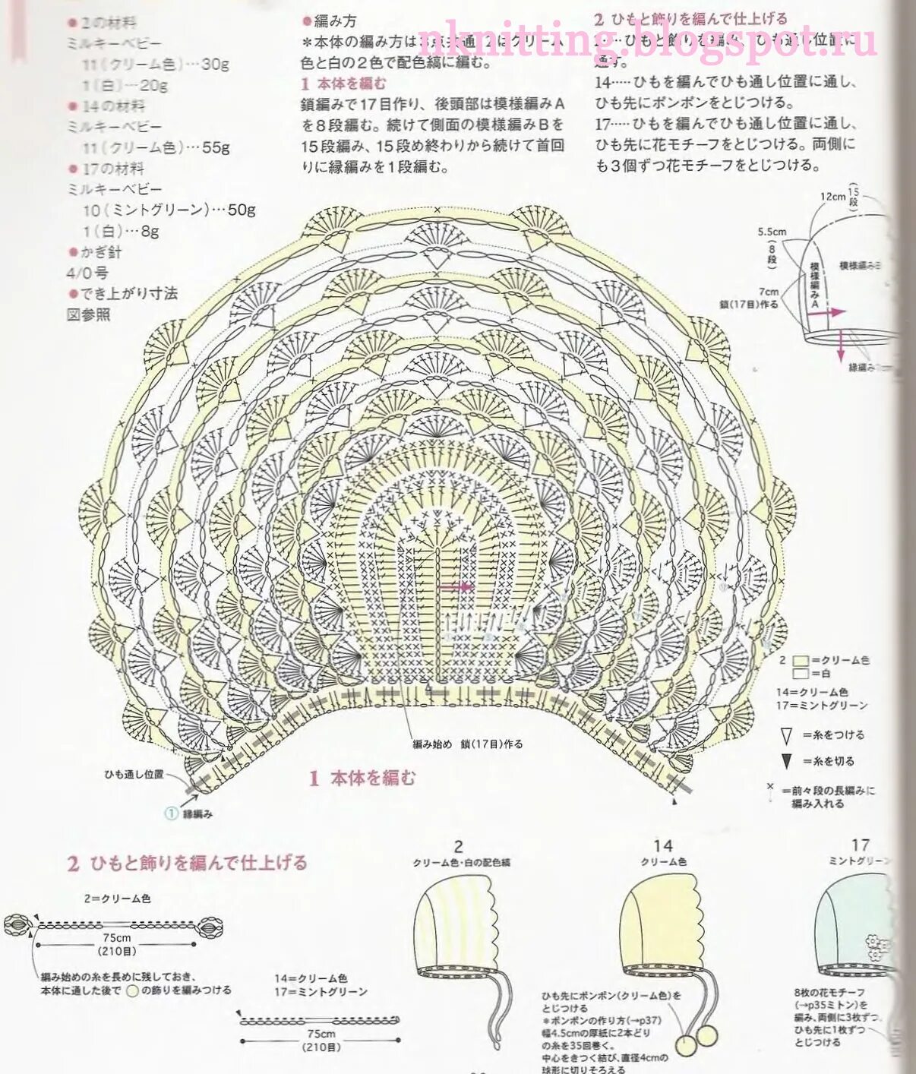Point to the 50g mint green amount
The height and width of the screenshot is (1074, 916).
point(242,210)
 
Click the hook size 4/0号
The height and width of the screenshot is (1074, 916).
point(87,273)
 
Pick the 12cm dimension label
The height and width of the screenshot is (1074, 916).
point(832,197)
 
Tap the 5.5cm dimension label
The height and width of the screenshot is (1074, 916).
point(772,232)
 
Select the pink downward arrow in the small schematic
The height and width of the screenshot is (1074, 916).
point(841,346)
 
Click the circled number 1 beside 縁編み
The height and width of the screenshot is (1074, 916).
point(171,813)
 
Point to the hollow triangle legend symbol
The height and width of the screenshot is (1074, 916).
point(786,735)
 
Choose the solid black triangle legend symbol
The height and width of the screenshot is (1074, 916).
point(786,761)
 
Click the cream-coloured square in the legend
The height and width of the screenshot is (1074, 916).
point(800,661)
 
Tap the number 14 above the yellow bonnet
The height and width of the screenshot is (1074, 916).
point(662,845)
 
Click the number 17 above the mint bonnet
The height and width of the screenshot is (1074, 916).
point(860,845)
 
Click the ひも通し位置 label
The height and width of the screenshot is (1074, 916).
point(134,775)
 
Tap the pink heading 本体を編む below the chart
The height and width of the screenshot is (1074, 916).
point(372,778)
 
